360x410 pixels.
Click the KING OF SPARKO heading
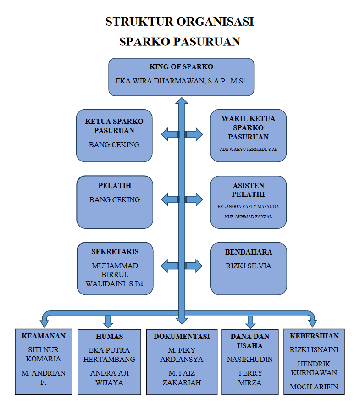[181, 67]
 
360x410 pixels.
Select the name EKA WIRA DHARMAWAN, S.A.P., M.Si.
[181, 81]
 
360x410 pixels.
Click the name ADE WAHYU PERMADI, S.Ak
[249, 150]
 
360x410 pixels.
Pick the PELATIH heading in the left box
[115, 186]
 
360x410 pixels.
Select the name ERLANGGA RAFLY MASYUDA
[248, 206]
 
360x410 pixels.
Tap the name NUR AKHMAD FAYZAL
[248, 217]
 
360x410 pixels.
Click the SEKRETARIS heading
[115, 251]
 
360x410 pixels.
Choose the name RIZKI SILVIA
[249, 266]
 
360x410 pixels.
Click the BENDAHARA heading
[249, 252]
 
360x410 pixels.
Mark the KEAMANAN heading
[44, 336]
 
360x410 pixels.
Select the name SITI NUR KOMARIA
[44, 355]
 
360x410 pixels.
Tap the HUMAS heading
[109, 337]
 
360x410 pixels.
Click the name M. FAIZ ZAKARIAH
[182, 378]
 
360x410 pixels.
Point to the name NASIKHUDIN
[249, 360]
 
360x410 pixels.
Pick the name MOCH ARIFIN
[314, 387]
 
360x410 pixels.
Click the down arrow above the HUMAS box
[108, 321]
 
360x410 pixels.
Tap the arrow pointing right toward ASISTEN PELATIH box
[194, 200]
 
